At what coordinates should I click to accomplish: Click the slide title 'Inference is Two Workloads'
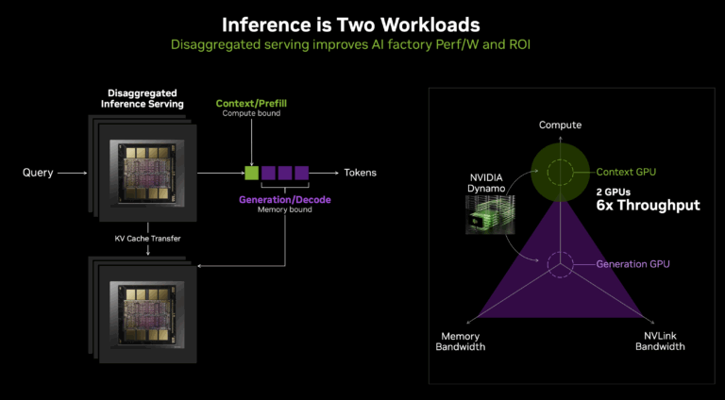[362, 23]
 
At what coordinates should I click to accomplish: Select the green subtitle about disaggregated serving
[362, 44]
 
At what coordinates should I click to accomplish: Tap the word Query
[38, 173]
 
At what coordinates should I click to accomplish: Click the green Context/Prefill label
[251, 102]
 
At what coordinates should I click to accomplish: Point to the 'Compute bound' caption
[251, 113]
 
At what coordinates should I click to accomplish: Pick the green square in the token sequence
[251, 173]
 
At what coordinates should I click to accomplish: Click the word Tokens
[361, 173]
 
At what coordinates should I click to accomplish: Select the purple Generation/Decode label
[284, 199]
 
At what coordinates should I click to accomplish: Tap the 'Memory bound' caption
[284, 210]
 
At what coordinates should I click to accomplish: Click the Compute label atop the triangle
[559, 125]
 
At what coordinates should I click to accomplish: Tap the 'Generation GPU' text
[632, 264]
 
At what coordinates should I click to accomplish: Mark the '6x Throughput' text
[648, 205]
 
